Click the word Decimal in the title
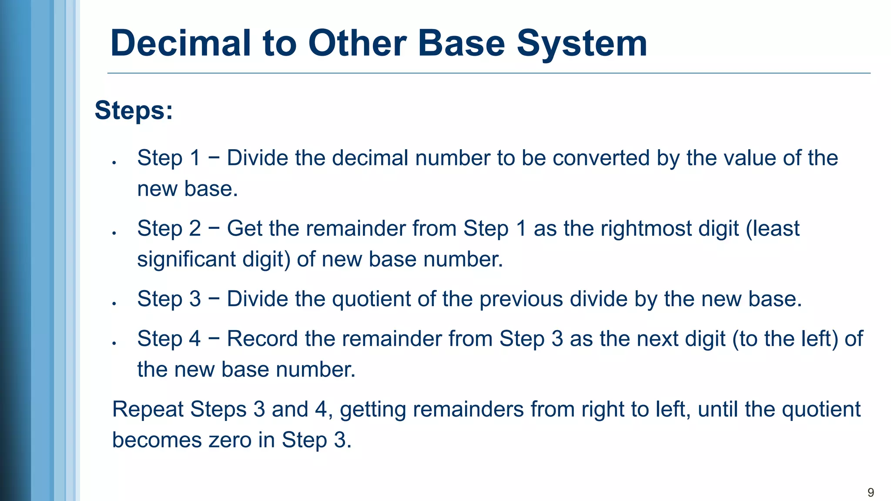(x=181, y=43)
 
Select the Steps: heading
(x=134, y=110)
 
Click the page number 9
(x=871, y=492)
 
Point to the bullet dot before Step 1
(x=114, y=163)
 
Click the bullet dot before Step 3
(x=114, y=304)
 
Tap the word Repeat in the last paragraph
(x=147, y=409)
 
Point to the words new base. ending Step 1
(x=188, y=189)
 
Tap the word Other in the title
(x=357, y=43)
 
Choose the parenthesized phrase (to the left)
(x=785, y=339)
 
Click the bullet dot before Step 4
(x=114, y=344)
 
